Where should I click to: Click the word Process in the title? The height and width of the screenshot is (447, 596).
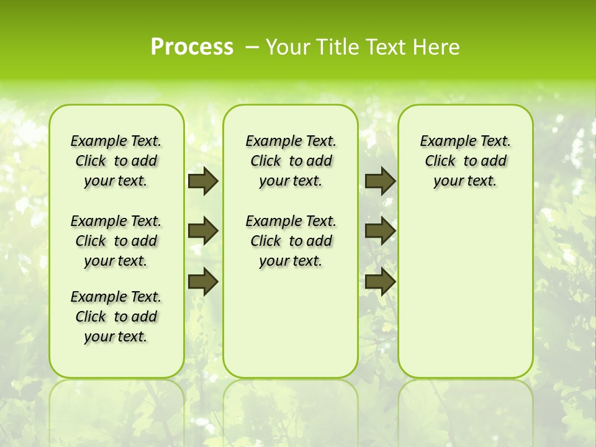tap(192, 47)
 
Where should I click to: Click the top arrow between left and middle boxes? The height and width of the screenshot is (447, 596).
tap(203, 181)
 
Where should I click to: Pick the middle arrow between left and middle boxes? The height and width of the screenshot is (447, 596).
tap(203, 231)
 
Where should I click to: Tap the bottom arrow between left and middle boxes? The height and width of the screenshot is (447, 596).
tap(203, 282)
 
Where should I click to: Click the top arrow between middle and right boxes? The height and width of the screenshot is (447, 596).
tap(380, 181)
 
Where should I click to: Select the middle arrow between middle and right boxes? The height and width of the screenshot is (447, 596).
tap(380, 231)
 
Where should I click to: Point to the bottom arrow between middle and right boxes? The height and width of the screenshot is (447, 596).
tap(380, 282)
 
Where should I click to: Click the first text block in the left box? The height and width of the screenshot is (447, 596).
tap(116, 161)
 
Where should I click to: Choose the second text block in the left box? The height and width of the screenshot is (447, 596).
tap(116, 241)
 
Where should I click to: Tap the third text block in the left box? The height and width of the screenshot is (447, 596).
tap(116, 317)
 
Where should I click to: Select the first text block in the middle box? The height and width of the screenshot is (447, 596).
tap(291, 161)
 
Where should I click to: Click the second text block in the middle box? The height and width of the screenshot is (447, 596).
tap(291, 241)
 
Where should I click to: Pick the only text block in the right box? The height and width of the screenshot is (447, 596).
tap(465, 161)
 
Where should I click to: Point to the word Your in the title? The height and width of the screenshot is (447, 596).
tap(288, 47)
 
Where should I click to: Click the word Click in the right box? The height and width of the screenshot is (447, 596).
tap(440, 161)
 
